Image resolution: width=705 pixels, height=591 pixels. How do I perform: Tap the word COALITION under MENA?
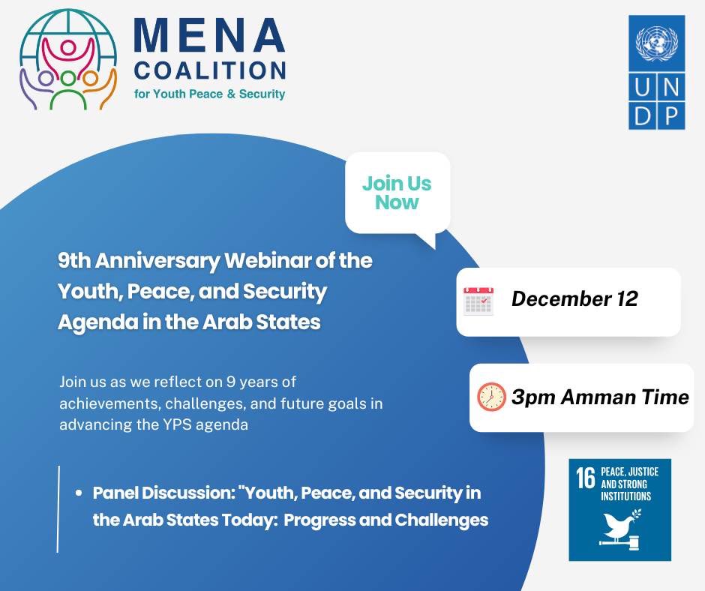[209, 71]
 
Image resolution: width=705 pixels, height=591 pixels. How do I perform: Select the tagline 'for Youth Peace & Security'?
[209, 94]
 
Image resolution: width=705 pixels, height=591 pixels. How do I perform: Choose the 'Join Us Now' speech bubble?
[397, 193]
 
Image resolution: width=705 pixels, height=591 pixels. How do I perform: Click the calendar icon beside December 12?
[478, 300]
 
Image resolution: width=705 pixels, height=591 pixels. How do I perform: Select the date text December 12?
[574, 299]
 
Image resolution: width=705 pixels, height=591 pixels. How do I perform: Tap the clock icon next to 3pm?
[491, 397]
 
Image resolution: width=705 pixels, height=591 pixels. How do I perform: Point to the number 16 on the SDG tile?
[585, 479]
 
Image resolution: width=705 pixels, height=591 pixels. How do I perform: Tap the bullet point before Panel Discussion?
[79, 494]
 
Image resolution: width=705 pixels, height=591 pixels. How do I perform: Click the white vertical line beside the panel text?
[58, 508]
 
